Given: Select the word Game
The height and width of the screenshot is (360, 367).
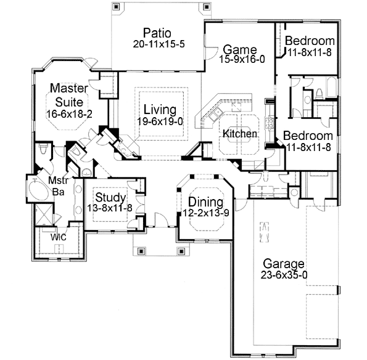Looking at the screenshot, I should pyautogui.click(x=236, y=49).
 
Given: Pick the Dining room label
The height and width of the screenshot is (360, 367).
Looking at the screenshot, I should pyautogui.click(x=202, y=201).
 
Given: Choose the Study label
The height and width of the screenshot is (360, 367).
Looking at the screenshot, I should pyautogui.click(x=111, y=198).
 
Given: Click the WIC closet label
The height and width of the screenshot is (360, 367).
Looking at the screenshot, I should pyautogui.click(x=59, y=237).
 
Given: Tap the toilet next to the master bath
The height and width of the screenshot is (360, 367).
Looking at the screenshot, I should pyautogui.click(x=43, y=150).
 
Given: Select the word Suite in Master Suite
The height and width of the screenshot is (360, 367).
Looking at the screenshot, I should pyautogui.click(x=68, y=101).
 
